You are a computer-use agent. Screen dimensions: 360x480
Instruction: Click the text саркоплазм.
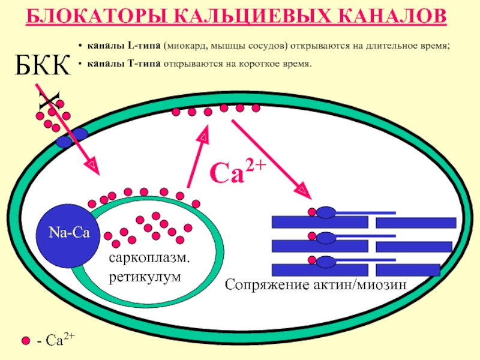pyautogui.click(x=149, y=259)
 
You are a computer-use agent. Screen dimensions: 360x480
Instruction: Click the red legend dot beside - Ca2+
pyautogui.click(x=25, y=341)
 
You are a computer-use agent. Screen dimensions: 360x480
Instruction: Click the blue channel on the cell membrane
pyautogui.click(x=72, y=138)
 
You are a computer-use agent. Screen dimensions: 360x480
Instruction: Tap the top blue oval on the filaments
pyautogui.click(x=327, y=212)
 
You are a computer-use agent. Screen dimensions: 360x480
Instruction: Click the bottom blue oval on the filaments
pyautogui.click(x=327, y=262)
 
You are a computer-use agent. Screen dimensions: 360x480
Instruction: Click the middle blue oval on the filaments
pyautogui.click(x=327, y=238)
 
